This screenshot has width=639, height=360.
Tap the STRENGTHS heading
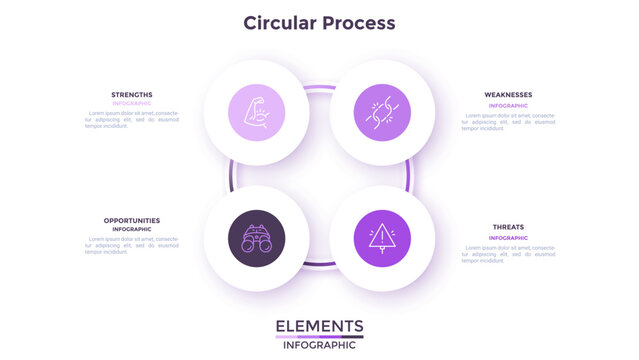[132, 95]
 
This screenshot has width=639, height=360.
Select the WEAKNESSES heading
[508, 95]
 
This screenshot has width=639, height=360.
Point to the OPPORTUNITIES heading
[132, 220]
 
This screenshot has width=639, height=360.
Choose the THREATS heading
[508, 227]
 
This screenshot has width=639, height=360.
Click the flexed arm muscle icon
[256, 112]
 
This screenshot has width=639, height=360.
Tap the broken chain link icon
[382, 112]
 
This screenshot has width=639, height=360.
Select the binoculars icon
[256, 238]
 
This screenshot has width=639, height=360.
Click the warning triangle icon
[382, 238]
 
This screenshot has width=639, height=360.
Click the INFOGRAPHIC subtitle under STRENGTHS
[132, 103]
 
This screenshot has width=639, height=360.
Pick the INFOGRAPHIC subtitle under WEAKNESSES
[508, 105]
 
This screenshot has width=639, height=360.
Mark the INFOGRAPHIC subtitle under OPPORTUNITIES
[132, 229]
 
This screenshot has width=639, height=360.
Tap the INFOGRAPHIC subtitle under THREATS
[508, 237]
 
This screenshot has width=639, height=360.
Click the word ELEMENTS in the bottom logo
[319, 326]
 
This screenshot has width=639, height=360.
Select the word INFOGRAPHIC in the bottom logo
[319, 345]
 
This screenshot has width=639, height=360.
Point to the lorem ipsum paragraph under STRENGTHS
[132, 120]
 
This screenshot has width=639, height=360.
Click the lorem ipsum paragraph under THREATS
[508, 254]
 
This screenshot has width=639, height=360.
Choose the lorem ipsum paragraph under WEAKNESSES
[508, 122]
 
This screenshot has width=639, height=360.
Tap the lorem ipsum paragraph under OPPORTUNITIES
[132, 245]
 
